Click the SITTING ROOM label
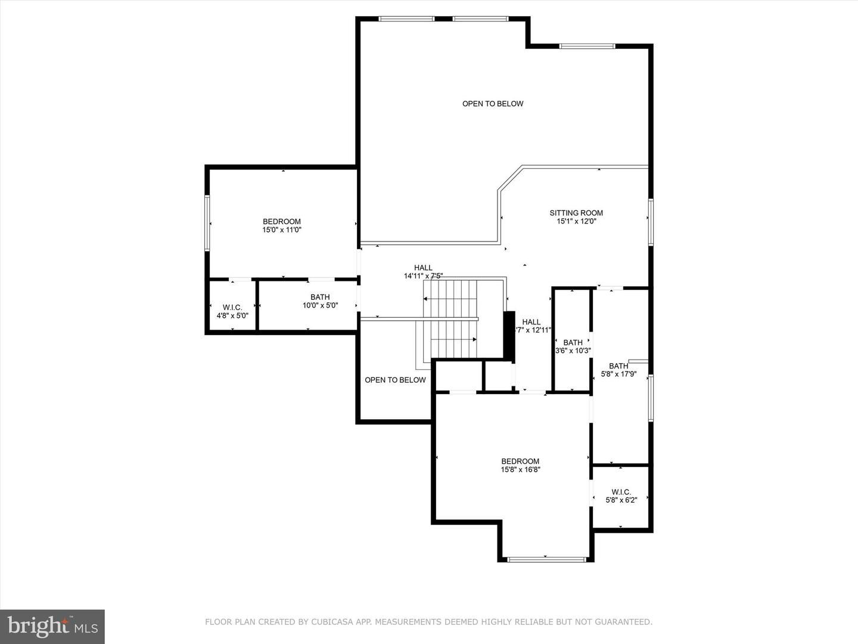point(576,213)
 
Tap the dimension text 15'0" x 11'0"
point(282,230)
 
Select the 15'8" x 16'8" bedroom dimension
point(520,470)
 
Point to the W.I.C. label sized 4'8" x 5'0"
point(232,308)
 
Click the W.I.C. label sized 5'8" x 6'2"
point(621,492)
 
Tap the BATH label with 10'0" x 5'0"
point(320,297)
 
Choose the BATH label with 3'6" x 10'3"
point(573,342)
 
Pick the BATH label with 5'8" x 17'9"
point(619,366)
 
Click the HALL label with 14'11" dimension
point(423,268)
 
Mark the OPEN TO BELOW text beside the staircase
point(395,380)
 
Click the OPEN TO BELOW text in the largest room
point(493,104)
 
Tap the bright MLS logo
point(52,627)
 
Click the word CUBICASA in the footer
point(329,622)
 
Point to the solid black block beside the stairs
point(509,335)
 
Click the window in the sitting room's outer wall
point(651,222)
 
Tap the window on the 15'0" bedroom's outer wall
point(207,223)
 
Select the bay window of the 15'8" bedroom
point(547,559)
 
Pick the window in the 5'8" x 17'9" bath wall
point(651,398)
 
